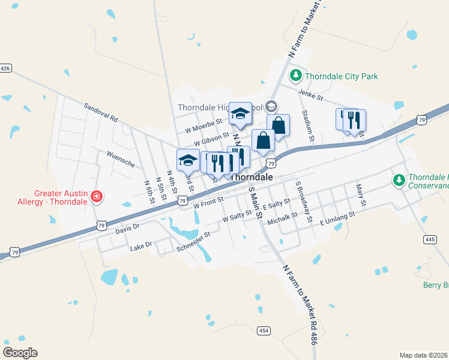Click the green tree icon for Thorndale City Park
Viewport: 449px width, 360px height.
[x=295, y=76]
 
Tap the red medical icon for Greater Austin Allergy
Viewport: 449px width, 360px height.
[x=96, y=197]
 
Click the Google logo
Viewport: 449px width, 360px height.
[x=20, y=352]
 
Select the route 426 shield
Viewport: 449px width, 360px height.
[x=5, y=68]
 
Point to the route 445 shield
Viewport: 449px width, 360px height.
[x=429, y=239]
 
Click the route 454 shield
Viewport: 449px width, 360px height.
[x=264, y=331]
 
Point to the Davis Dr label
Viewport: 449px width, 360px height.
[x=127, y=227]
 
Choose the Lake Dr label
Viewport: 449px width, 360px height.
[x=141, y=245]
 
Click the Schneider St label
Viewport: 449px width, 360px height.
[x=193, y=241]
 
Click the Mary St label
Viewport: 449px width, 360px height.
[x=361, y=196]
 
